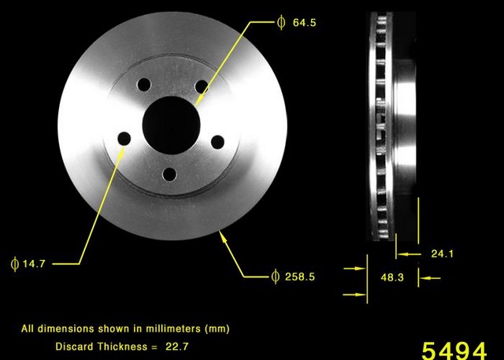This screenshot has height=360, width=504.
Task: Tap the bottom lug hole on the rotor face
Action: pos(168,174)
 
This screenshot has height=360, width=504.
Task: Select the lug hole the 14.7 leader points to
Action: pos(124,139)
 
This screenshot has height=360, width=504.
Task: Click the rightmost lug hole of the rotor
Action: pos(217,142)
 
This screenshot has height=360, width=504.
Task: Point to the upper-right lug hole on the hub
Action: pos(201,85)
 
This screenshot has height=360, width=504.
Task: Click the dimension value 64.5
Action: pos(304,23)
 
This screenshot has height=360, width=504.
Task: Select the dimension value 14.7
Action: pos(34,264)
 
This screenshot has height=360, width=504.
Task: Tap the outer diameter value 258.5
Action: pos(299,276)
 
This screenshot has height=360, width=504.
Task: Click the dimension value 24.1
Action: pos(443,254)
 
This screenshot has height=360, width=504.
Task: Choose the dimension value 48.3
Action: pos(391,278)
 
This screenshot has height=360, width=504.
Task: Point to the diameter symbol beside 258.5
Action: pos(275,276)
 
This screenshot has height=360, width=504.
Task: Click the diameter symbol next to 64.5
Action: pos(281,23)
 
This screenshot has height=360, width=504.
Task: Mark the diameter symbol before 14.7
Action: pos(14,264)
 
